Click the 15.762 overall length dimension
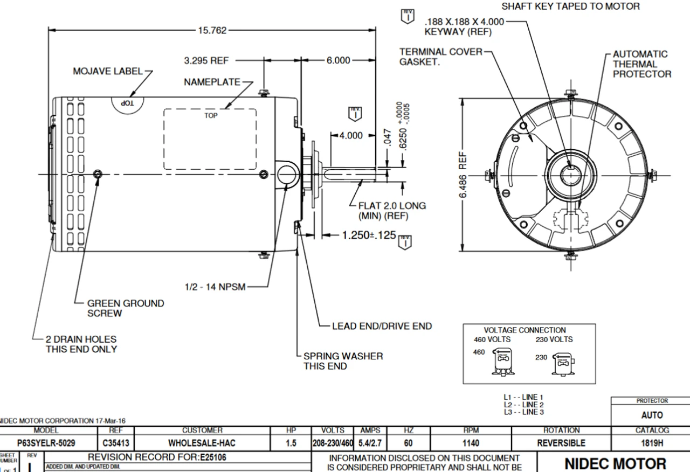tap(212, 31)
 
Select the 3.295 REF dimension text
tap(206, 61)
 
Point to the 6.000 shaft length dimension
tap(338, 61)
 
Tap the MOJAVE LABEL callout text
tap(107, 71)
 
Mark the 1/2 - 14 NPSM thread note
tap(215, 287)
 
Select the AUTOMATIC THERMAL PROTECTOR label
tap(641, 64)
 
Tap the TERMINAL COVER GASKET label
tap(441, 57)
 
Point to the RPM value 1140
tap(471, 443)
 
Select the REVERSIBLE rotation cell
tap(561, 443)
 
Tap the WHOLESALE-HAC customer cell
tap(202, 443)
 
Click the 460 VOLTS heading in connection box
tap(492, 339)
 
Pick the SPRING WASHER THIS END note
tap(343, 361)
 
